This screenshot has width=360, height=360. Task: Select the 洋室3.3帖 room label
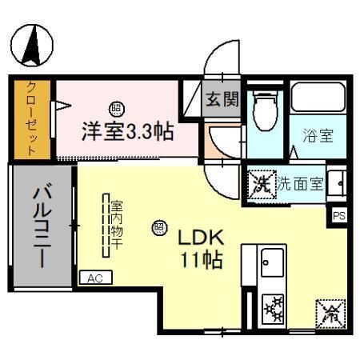[x=127, y=131]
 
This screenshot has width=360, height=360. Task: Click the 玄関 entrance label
[x=222, y=99]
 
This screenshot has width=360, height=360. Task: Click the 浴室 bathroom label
[x=318, y=136]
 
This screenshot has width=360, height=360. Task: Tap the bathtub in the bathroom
[x=317, y=98]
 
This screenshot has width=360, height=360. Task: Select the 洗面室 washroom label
[x=300, y=183]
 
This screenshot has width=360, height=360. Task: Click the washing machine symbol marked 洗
[x=260, y=183]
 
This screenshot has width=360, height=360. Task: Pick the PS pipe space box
[x=340, y=214]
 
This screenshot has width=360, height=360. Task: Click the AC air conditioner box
[x=96, y=278]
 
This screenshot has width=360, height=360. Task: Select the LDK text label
[x=200, y=238]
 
